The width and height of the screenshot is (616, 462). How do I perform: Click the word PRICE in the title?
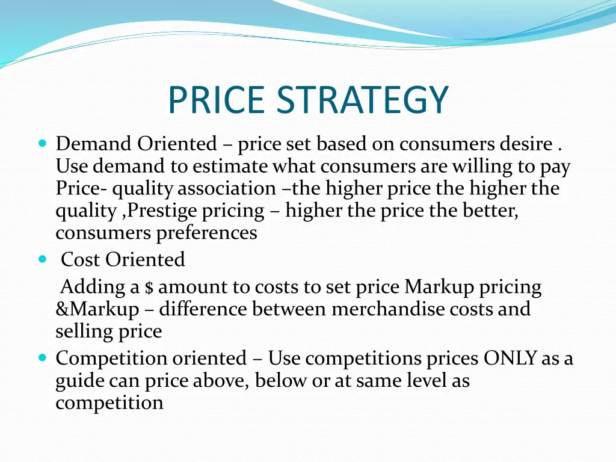(216, 100)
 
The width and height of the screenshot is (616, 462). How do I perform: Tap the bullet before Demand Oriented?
(42, 144)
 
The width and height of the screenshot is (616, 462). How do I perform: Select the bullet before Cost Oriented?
(42, 259)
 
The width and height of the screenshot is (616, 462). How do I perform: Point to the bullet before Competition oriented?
(42, 358)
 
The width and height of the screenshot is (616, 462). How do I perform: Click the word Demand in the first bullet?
(93, 144)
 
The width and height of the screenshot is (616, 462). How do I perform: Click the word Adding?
(92, 287)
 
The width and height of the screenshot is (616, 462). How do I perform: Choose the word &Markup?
(97, 309)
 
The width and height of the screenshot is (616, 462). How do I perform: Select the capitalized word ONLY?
(510, 359)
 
